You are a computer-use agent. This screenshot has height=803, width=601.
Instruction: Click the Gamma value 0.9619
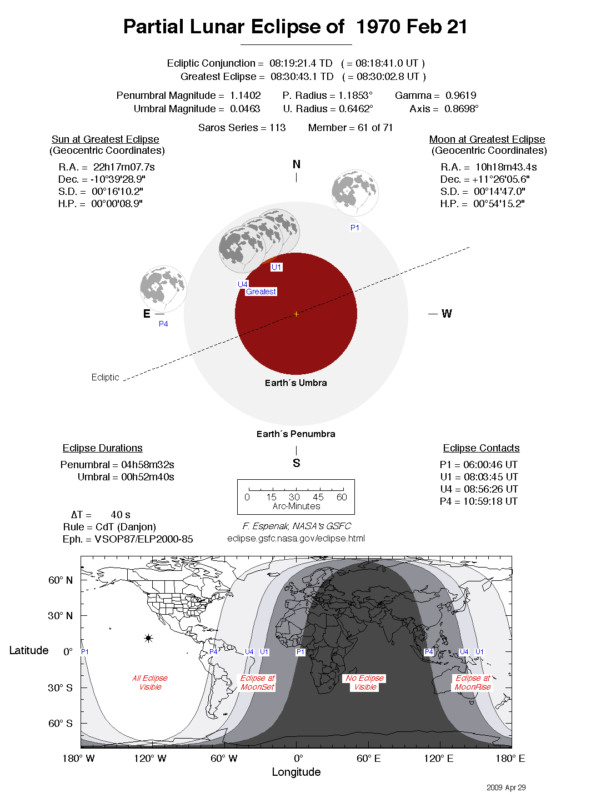click(x=460, y=96)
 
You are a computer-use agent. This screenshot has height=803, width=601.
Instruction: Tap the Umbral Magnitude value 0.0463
click(x=245, y=109)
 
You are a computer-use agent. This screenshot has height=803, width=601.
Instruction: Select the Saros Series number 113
click(x=277, y=128)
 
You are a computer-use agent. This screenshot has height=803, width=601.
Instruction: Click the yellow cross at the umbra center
click(x=296, y=314)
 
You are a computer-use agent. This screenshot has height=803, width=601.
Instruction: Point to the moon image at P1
click(x=355, y=193)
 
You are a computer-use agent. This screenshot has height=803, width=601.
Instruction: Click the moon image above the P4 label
click(x=163, y=289)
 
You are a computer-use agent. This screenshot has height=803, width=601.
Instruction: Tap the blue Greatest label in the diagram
click(x=261, y=292)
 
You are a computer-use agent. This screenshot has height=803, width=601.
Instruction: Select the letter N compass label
click(x=296, y=164)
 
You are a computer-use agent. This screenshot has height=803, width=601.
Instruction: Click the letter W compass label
click(x=447, y=314)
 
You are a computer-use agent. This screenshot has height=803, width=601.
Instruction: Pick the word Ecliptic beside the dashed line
click(x=105, y=377)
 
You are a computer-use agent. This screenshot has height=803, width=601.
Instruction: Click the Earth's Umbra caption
click(x=296, y=383)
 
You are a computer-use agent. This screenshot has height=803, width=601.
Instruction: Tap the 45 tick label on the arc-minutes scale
click(x=318, y=497)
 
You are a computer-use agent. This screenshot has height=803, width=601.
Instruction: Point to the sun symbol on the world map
click(x=148, y=639)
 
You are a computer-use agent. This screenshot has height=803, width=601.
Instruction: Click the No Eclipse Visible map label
click(x=365, y=682)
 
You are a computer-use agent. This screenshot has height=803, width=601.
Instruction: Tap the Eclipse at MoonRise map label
click(x=473, y=682)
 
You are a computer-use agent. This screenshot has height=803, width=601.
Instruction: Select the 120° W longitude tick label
click(x=150, y=759)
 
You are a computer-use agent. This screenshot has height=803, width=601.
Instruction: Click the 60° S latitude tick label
click(x=61, y=724)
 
